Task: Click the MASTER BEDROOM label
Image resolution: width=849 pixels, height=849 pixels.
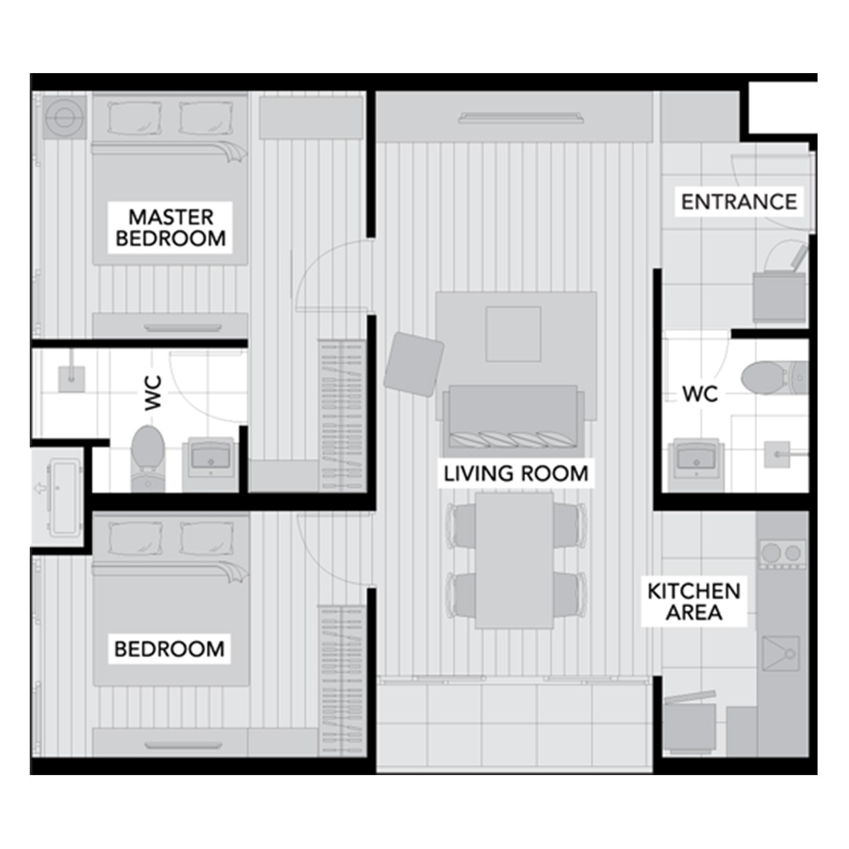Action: pyautogui.click(x=171, y=228)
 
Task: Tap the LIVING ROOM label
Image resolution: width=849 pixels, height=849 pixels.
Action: pyautogui.click(x=515, y=474)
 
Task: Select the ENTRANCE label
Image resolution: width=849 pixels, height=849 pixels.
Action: pyautogui.click(x=739, y=202)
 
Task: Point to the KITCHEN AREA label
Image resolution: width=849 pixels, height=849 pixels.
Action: pyautogui.click(x=694, y=602)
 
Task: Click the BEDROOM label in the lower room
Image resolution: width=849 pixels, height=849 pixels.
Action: pyautogui.click(x=169, y=649)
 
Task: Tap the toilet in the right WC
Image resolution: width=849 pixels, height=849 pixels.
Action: pyautogui.click(x=774, y=377)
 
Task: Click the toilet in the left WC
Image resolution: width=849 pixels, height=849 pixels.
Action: pyautogui.click(x=148, y=458)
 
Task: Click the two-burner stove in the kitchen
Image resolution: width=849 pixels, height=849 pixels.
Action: pyautogui.click(x=782, y=554)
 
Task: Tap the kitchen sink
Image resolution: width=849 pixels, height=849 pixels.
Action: pyautogui.click(x=781, y=654)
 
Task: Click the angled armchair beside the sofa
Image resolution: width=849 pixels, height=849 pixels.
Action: pyautogui.click(x=413, y=364)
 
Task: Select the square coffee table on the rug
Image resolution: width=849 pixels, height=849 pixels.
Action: pyautogui.click(x=513, y=334)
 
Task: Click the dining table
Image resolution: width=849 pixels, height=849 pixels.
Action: pyautogui.click(x=514, y=560)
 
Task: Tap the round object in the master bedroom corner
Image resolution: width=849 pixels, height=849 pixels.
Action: pyautogui.click(x=64, y=116)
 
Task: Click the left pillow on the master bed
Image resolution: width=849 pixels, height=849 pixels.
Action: pyautogui.click(x=134, y=118)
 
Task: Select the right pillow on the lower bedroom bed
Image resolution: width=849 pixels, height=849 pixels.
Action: pyautogui.click(x=207, y=538)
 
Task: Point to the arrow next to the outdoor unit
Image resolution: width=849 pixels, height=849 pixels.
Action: pyautogui.click(x=40, y=488)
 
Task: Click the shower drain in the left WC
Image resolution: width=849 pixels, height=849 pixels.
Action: pyautogui.click(x=71, y=379)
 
